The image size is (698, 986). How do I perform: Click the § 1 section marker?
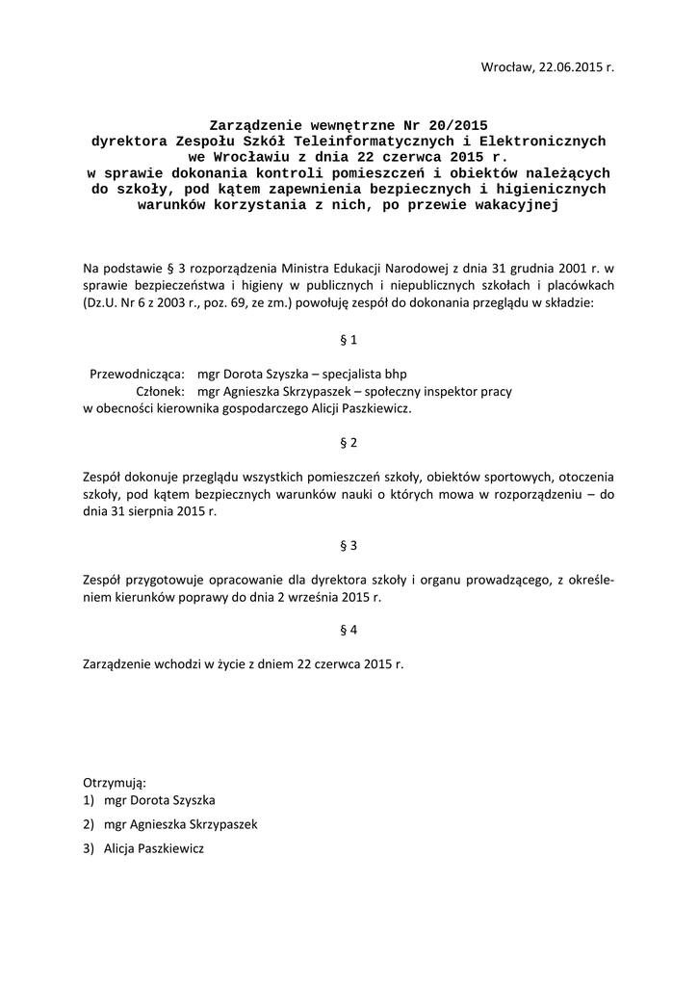click(x=349, y=340)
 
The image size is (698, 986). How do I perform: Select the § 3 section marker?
click(x=349, y=545)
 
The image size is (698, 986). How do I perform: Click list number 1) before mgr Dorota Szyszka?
click(x=90, y=800)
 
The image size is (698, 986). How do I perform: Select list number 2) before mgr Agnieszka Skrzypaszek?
click(x=90, y=825)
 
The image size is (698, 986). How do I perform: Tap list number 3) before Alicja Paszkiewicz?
click(x=90, y=849)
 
